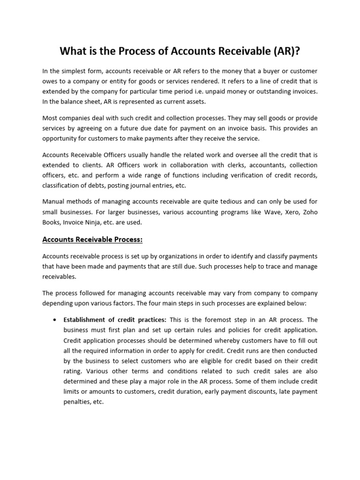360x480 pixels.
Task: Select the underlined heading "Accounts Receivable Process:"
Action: tap(92, 240)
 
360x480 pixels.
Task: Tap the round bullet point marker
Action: tap(55, 320)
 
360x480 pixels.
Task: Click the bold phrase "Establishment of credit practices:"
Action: tap(114, 320)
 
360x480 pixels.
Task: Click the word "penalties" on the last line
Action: tap(76, 402)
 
